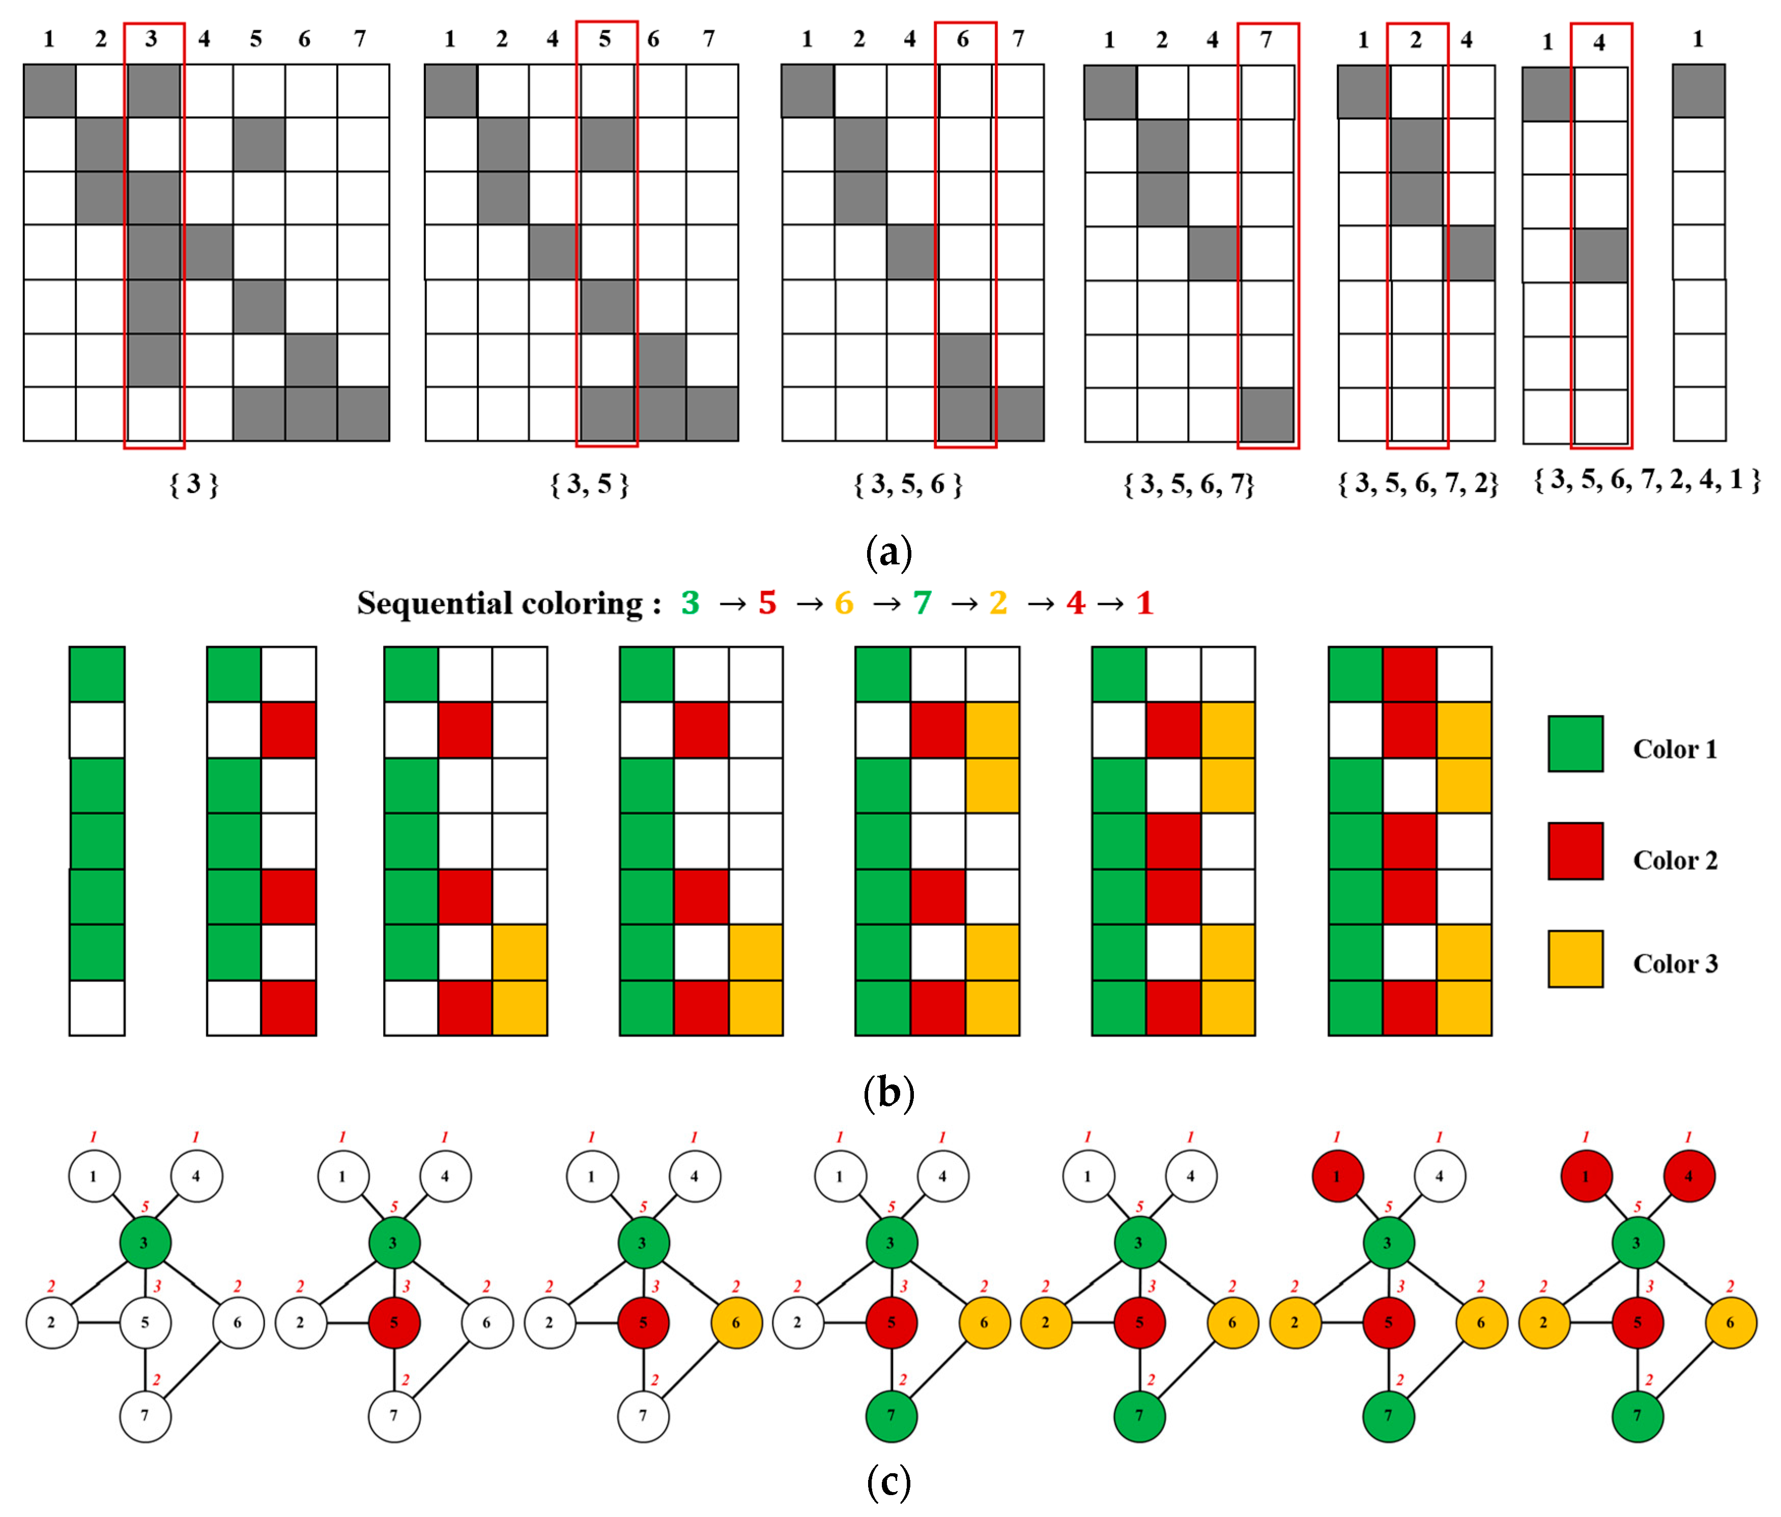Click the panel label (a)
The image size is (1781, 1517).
tap(889, 552)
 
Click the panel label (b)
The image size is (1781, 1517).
tap(889, 1093)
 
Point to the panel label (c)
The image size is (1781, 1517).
tap(889, 1482)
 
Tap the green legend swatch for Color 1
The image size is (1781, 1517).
tap(1575, 743)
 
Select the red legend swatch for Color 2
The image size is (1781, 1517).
tap(1575, 851)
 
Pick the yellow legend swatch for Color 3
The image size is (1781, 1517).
tap(1575, 958)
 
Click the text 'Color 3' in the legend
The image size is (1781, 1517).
tap(1675, 963)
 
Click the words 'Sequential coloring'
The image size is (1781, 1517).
tap(499, 604)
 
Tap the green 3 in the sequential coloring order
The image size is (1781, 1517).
tap(690, 604)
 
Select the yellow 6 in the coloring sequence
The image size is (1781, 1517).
tap(844, 604)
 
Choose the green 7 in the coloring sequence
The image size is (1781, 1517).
tap(922, 604)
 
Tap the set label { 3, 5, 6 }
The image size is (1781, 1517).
tap(908, 485)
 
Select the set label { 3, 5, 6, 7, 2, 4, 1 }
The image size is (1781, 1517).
tap(1647, 479)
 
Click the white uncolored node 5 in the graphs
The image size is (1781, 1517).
tap(145, 1322)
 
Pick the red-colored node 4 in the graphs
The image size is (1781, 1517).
tap(1688, 1176)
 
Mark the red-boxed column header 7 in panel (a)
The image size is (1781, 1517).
tap(1266, 40)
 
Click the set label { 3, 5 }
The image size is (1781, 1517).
tap(590, 485)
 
